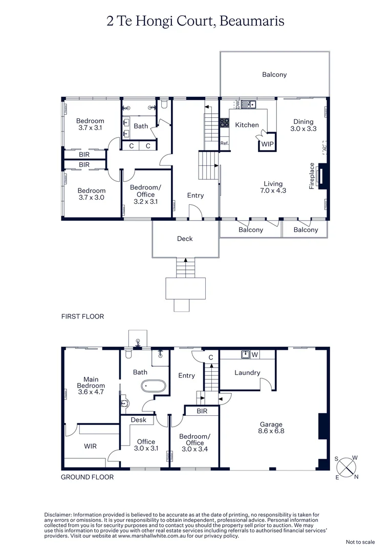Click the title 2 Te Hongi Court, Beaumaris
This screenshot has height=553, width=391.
[195, 21]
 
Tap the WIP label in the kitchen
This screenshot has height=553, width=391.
[267, 144]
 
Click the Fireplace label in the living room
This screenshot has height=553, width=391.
[311, 176]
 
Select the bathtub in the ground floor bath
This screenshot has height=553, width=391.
[154, 386]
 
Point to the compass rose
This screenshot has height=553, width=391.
[347, 466]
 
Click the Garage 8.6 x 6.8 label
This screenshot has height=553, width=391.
[271, 428]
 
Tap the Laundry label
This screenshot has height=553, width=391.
[247, 373]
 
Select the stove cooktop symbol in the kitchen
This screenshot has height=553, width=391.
[224, 122]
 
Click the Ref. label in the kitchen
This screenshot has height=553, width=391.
[224, 143]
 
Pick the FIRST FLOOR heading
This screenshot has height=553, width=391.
[82, 316]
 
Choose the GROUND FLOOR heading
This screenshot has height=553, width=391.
[87, 477]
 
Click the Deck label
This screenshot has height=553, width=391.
[185, 239]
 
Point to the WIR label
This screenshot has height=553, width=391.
[91, 446]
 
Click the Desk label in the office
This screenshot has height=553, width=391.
[138, 420]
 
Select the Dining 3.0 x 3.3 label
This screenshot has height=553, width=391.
[303, 125]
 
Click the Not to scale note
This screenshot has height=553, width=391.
[360, 542]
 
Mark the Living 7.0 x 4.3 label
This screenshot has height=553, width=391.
[273, 187]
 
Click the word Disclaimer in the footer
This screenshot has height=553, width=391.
[58, 515]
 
